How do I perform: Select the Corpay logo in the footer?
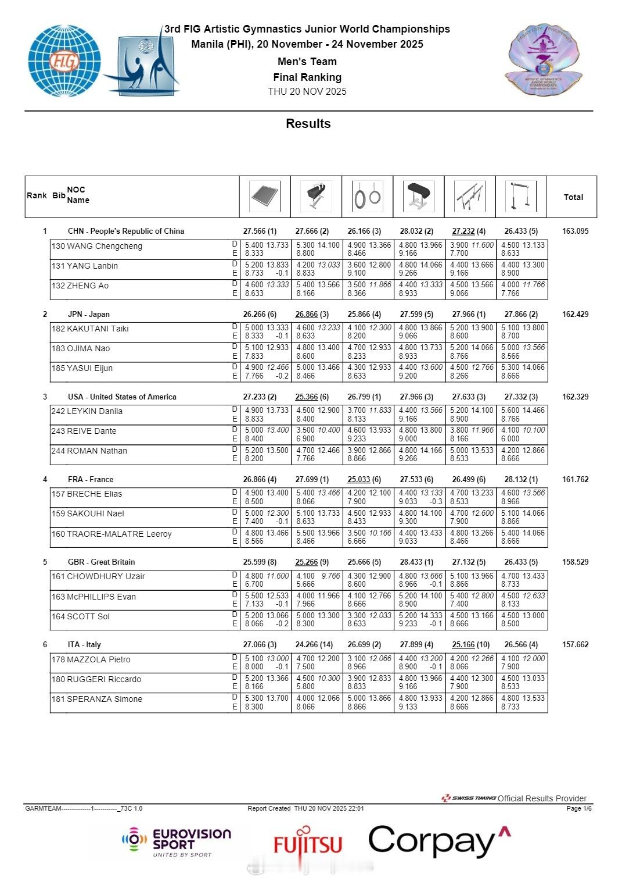tap(440, 841)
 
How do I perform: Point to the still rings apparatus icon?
tap(368, 197)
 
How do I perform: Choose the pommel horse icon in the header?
tap(317, 197)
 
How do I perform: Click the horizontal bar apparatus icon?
tap(521, 197)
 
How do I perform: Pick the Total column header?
tap(573, 197)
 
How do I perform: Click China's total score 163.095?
tap(575, 231)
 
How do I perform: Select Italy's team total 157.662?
tap(575, 644)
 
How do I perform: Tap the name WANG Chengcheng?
tap(97, 246)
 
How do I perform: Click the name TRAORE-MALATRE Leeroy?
tap(112, 534)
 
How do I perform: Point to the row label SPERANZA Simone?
tap(97, 699)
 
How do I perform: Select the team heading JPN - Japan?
tap(88, 314)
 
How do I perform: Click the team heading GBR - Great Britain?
tap(101, 562)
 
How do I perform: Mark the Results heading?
tap(308, 123)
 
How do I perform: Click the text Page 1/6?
tap(579, 808)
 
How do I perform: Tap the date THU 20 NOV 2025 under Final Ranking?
tap(307, 91)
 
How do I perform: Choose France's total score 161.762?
tap(575, 479)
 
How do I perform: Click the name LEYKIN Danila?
tap(87, 411)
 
